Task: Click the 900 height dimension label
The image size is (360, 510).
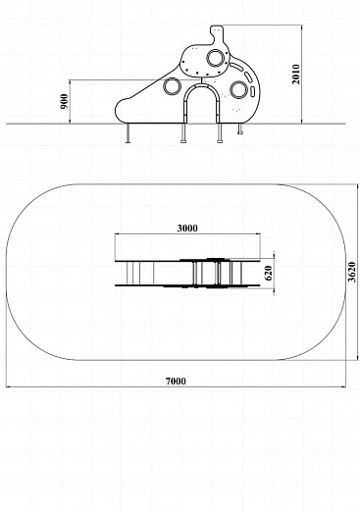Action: pos(65,101)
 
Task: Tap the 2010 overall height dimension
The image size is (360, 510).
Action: pos(296,75)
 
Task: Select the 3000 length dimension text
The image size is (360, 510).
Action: pos(187,228)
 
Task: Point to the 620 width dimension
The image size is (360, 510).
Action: pos(269,273)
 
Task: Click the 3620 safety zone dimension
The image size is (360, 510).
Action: pos(352,272)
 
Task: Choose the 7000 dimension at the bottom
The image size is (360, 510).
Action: pos(176,382)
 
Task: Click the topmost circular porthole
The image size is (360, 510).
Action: pos(216,58)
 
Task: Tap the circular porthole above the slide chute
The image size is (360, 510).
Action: pos(172,86)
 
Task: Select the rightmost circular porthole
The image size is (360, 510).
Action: pos(238,90)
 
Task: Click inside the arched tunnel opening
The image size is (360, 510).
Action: pos(202,105)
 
